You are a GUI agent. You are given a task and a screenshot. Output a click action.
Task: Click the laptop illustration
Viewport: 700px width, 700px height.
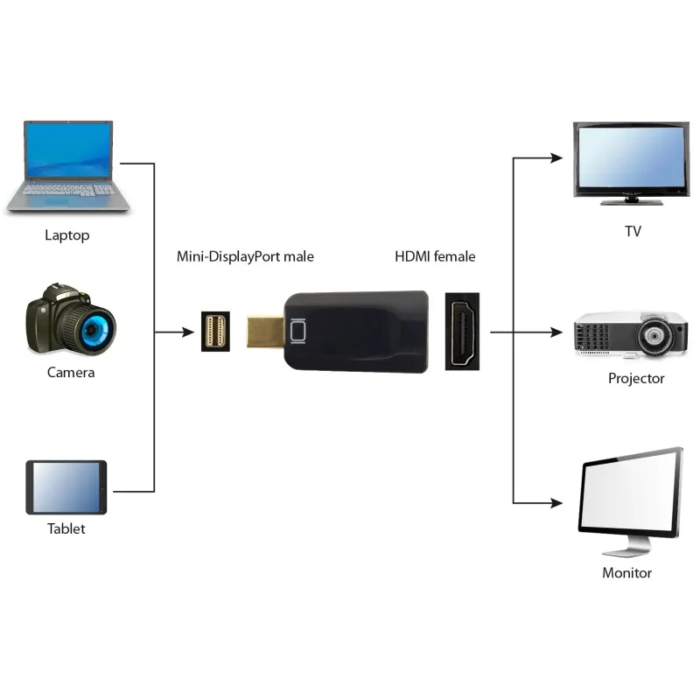click(68, 166)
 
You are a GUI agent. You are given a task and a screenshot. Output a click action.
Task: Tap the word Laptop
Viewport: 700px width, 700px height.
click(67, 235)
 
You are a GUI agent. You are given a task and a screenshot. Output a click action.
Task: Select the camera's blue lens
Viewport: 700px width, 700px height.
click(97, 330)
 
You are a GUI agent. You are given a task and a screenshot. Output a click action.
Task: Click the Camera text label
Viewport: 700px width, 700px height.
click(71, 373)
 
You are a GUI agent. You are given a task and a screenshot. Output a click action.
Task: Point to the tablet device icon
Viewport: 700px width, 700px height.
click(66, 487)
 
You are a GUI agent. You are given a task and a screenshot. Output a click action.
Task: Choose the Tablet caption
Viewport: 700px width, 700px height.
click(66, 528)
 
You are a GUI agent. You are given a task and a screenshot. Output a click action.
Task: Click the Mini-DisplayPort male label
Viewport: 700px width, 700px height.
click(245, 256)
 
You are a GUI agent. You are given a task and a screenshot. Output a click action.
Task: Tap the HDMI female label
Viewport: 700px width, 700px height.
click(435, 256)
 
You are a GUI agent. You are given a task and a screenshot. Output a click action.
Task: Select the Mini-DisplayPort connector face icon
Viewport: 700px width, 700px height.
click(215, 332)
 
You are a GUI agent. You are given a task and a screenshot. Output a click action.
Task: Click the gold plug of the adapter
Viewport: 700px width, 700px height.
click(265, 332)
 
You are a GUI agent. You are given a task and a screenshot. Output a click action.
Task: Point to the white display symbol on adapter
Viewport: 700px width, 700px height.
click(297, 332)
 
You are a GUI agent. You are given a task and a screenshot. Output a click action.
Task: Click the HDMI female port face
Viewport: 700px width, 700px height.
click(463, 332)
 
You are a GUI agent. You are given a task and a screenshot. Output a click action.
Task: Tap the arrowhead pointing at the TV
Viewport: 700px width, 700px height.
click(556, 157)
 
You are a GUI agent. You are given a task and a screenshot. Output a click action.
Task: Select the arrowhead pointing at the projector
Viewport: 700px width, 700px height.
click(556, 332)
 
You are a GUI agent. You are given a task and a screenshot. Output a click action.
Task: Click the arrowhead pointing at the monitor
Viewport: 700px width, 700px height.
click(556, 503)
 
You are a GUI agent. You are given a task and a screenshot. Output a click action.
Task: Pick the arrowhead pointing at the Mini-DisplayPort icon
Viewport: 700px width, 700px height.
click(188, 332)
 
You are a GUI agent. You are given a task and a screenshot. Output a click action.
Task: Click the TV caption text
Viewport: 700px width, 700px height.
click(633, 231)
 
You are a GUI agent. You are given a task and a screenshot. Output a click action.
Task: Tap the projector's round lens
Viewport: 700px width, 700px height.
click(654, 335)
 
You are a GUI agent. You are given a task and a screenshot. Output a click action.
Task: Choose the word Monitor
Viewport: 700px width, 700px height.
click(626, 573)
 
